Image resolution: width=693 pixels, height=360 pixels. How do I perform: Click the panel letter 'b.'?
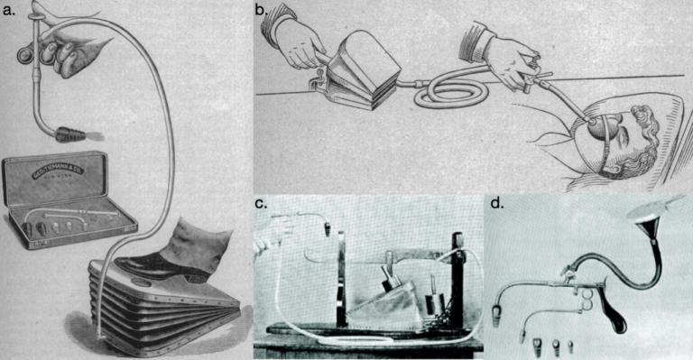(261, 11)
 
